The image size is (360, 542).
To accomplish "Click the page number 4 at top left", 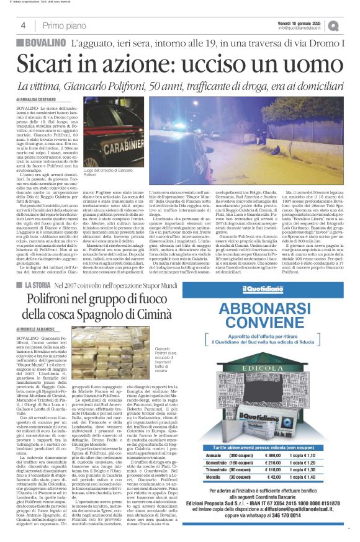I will [x=22, y=25].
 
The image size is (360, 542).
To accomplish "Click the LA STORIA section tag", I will [x=37, y=284].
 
